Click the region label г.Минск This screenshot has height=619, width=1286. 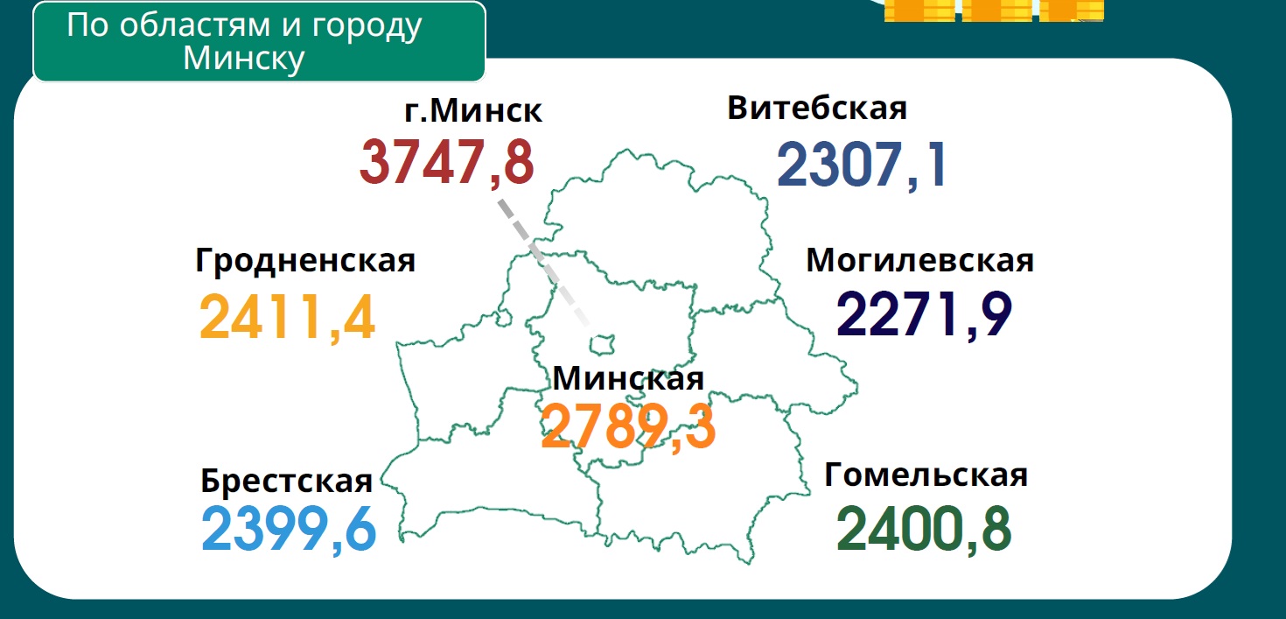472,112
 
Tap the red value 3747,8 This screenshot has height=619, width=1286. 446,163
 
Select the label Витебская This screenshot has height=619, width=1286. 817,109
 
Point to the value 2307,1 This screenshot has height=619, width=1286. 862,165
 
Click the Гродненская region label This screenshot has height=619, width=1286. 305,261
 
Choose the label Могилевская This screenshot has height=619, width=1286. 919,260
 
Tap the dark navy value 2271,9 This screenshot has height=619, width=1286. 925,314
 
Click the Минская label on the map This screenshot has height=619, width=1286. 628,379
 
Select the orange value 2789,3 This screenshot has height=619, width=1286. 628,427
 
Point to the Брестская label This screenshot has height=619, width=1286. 287,481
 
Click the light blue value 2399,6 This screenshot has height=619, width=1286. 289,530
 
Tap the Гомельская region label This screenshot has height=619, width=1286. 926,475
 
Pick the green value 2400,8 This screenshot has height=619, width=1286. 924,529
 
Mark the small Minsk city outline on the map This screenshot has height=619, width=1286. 603,341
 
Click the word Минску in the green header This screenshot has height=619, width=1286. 244,58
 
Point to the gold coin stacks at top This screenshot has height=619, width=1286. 993,10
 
